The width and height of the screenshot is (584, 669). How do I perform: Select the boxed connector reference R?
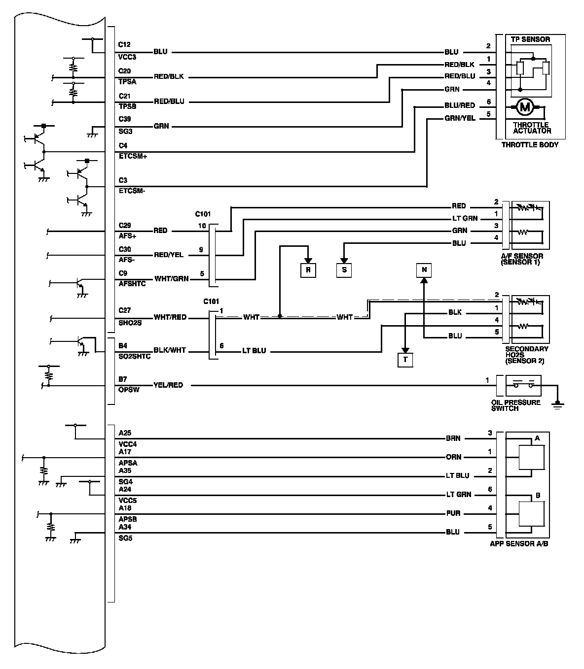[x=308, y=270]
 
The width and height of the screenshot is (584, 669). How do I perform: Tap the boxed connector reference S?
[x=344, y=270]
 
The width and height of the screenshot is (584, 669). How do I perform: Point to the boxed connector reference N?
[x=424, y=270]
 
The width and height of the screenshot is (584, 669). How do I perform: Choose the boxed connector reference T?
[x=405, y=360]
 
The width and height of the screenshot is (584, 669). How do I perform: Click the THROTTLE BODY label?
[x=530, y=145]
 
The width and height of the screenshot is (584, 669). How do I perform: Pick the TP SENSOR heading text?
[x=530, y=39]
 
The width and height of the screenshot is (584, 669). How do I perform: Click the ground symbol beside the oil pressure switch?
[x=558, y=404]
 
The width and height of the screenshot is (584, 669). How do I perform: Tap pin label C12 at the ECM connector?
[x=124, y=45]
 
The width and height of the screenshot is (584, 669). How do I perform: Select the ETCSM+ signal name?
[x=133, y=156]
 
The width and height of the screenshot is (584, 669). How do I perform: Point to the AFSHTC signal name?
[x=132, y=284]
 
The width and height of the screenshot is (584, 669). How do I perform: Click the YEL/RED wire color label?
[x=168, y=385]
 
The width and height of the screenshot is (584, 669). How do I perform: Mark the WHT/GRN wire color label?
[x=171, y=278]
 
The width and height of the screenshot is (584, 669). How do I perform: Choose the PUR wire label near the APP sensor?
[x=453, y=513]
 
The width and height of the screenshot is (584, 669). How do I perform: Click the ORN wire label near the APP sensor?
[x=453, y=457]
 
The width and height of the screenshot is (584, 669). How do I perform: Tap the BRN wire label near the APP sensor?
[x=453, y=438]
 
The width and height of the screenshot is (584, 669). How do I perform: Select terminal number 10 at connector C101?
[x=202, y=226]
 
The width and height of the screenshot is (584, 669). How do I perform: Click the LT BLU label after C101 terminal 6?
[x=254, y=351]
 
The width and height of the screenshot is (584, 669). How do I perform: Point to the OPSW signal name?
[x=129, y=390]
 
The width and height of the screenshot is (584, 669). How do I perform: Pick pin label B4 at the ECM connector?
[x=123, y=346]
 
